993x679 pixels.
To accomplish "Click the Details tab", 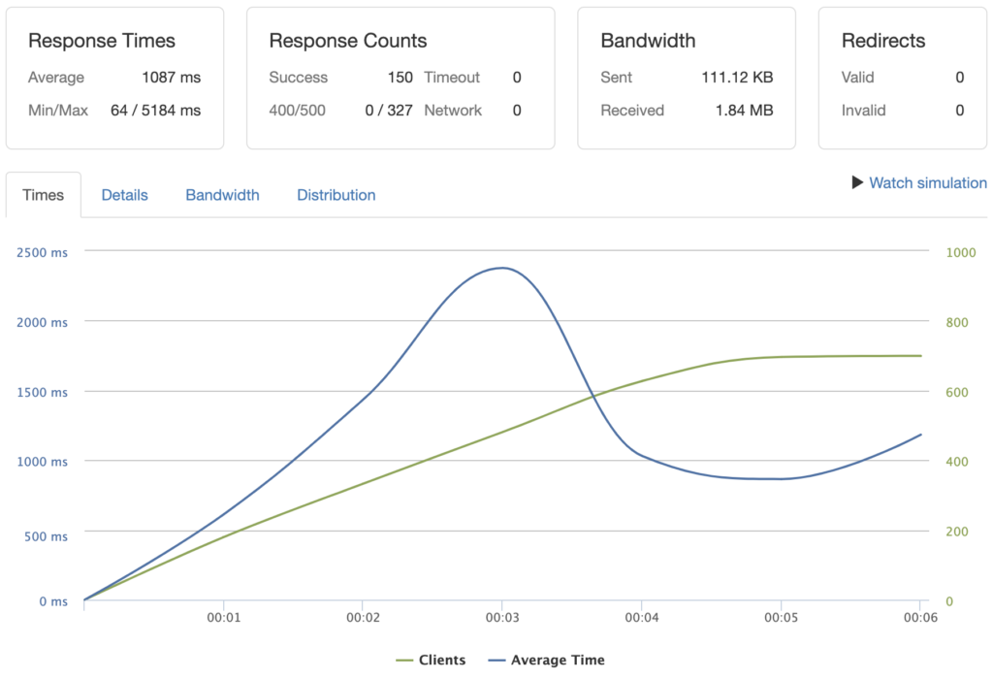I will tap(124, 195).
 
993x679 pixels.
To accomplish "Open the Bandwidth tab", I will tap(222, 195).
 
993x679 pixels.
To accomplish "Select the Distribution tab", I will tap(336, 195).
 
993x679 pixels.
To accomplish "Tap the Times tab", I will tap(43, 195).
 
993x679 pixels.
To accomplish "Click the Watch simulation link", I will tap(927, 182).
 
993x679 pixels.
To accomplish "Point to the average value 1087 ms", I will tap(170, 78).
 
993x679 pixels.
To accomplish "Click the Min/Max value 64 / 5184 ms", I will tap(155, 111).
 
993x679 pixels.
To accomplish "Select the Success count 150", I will tap(400, 78).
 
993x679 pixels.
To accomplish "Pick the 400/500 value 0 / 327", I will tap(388, 111).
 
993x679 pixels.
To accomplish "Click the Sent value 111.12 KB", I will tap(737, 78).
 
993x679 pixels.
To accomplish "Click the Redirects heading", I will tap(883, 41).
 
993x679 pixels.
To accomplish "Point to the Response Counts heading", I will tap(347, 41).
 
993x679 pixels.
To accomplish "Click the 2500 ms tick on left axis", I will tap(43, 252).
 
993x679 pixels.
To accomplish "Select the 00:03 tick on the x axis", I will tap(501, 617).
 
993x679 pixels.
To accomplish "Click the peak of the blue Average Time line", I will tap(501, 268).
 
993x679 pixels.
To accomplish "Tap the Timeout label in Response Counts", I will tap(452, 78).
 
